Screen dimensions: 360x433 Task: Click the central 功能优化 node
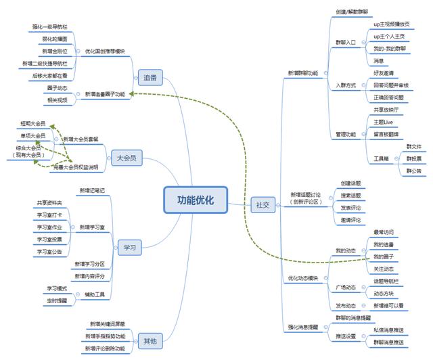pyautogui.click(x=196, y=200)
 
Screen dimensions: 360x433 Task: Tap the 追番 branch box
pyautogui.click(x=150, y=78)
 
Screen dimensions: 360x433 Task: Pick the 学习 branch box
pyautogui.click(x=129, y=248)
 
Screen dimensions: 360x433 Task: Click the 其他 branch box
pyautogui.click(x=149, y=340)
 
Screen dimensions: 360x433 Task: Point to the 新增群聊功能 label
pyautogui.click(x=302, y=72)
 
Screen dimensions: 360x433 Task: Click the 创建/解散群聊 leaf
pyautogui.click(x=353, y=12)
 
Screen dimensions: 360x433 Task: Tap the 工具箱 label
pyautogui.click(x=381, y=158)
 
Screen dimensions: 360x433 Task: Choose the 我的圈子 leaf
pyautogui.click(x=384, y=257)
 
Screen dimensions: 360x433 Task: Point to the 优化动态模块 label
pyautogui.click(x=303, y=278)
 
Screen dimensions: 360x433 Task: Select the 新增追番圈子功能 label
pyautogui.click(x=105, y=94)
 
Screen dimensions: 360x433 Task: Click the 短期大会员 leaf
pyautogui.click(x=33, y=124)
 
